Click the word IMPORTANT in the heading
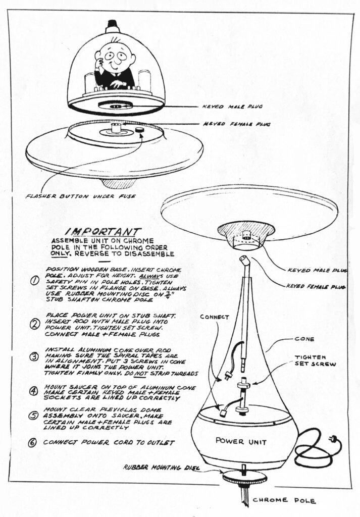tap(104, 231)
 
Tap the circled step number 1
tap(35, 281)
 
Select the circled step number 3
tap(34, 357)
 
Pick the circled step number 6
tap(32, 442)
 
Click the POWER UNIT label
tap(241, 441)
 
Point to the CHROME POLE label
tap(284, 500)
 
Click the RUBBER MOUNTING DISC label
tap(162, 467)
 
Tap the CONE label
tap(304, 339)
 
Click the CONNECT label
tap(214, 317)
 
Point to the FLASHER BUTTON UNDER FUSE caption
tap(81, 196)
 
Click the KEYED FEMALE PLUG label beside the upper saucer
tap(236, 124)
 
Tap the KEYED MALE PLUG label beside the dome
tap(232, 107)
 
